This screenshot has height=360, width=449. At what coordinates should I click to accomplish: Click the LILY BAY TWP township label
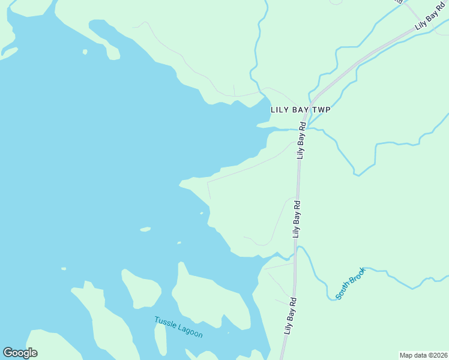tap(301, 110)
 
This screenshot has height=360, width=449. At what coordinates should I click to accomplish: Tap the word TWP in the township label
tap(321, 110)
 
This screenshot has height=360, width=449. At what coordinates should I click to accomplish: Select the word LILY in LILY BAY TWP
tap(280, 110)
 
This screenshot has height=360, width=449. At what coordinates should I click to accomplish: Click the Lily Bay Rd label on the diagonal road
tap(431, 21)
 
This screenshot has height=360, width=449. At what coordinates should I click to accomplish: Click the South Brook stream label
tap(350, 283)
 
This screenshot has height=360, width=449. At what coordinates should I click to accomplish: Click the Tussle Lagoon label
tap(178, 327)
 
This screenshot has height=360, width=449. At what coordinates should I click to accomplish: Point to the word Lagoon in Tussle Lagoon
tap(190, 331)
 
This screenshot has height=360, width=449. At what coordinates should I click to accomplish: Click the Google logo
tap(20, 353)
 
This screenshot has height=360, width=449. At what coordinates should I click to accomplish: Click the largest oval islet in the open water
tap(145, 229)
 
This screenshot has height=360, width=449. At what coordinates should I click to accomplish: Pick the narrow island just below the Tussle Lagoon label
tap(160, 340)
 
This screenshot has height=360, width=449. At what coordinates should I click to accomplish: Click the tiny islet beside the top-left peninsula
tap(85, 52)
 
